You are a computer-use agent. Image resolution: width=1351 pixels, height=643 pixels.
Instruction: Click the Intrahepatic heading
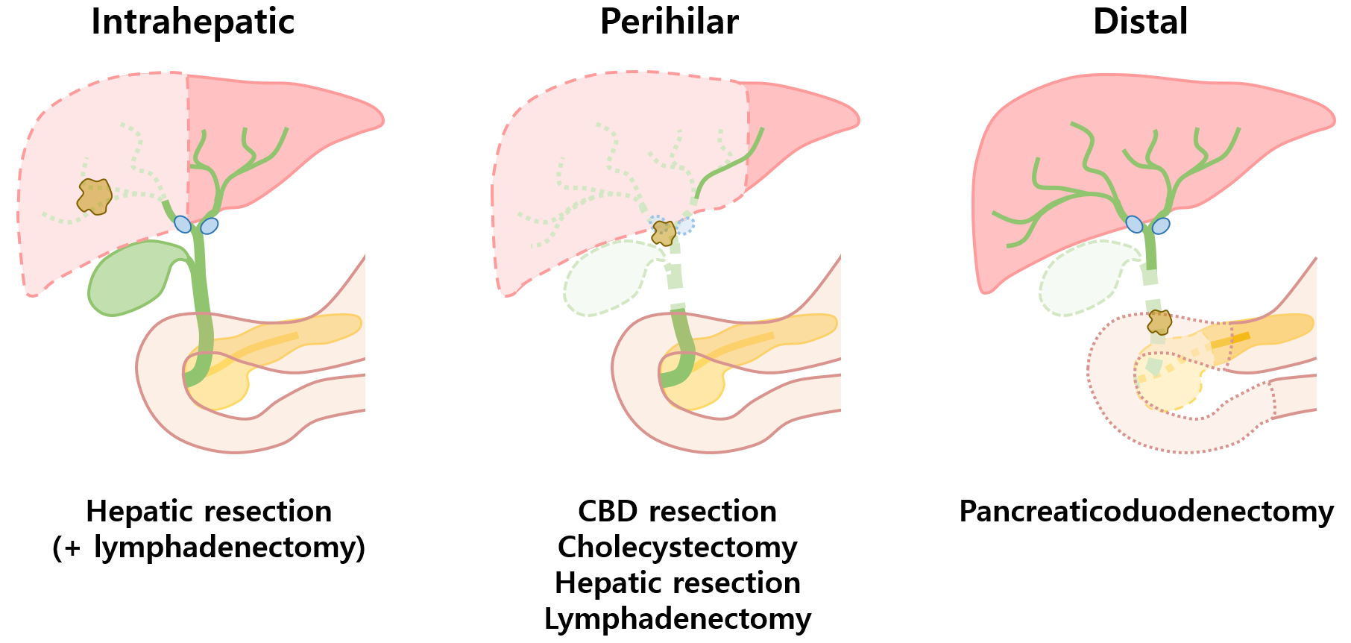pyautogui.click(x=192, y=22)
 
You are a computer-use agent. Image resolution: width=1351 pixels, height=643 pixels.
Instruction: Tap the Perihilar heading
pyautogui.click(x=669, y=22)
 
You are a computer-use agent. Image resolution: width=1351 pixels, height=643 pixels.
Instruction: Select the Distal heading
pyautogui.click(x=1140, y=22)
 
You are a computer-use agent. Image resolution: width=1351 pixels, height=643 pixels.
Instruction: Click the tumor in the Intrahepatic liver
pyautogui.click(x=95, y=196)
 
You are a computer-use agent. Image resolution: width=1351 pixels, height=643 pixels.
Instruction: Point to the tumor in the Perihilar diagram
pyautogui.click(x=663, y=233)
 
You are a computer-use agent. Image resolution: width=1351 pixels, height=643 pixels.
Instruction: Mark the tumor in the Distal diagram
pyautogui.click(x=1159, y=322)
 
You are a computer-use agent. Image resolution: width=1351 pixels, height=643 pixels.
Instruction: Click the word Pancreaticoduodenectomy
pyautogui.click(x=1146, y=512)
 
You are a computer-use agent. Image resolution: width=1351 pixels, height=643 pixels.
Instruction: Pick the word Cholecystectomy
pyautogui.click(x=677, y=548)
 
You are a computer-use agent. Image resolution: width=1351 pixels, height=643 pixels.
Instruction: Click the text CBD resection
pyautogui.click(x=677, y=512)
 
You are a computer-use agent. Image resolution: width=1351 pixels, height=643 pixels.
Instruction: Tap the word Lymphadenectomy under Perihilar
pyautogui.click(x=677, y=619)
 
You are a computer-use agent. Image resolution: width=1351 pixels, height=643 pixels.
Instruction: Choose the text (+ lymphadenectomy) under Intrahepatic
pyautogui.click(x=209, y=548)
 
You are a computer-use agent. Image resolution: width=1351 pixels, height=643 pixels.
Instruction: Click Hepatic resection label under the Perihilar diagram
pyautogui.click(x=677, y=583)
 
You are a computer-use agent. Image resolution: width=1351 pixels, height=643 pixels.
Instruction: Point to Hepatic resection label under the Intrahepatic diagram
pyautogui.click(x=209, y=512)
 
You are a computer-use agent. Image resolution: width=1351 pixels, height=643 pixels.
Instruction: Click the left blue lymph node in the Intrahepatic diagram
pyautogui.click(x=183, y=224)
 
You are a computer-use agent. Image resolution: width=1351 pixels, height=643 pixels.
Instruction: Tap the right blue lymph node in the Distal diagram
pyautogui.click(x=1161, y=225)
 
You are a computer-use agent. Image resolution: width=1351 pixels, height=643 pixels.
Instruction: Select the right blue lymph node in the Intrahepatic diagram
pyautogui.click(x=210, y=225)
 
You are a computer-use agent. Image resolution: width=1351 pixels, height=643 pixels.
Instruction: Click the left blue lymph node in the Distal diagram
pyautogui.click(x=1134, y=224)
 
